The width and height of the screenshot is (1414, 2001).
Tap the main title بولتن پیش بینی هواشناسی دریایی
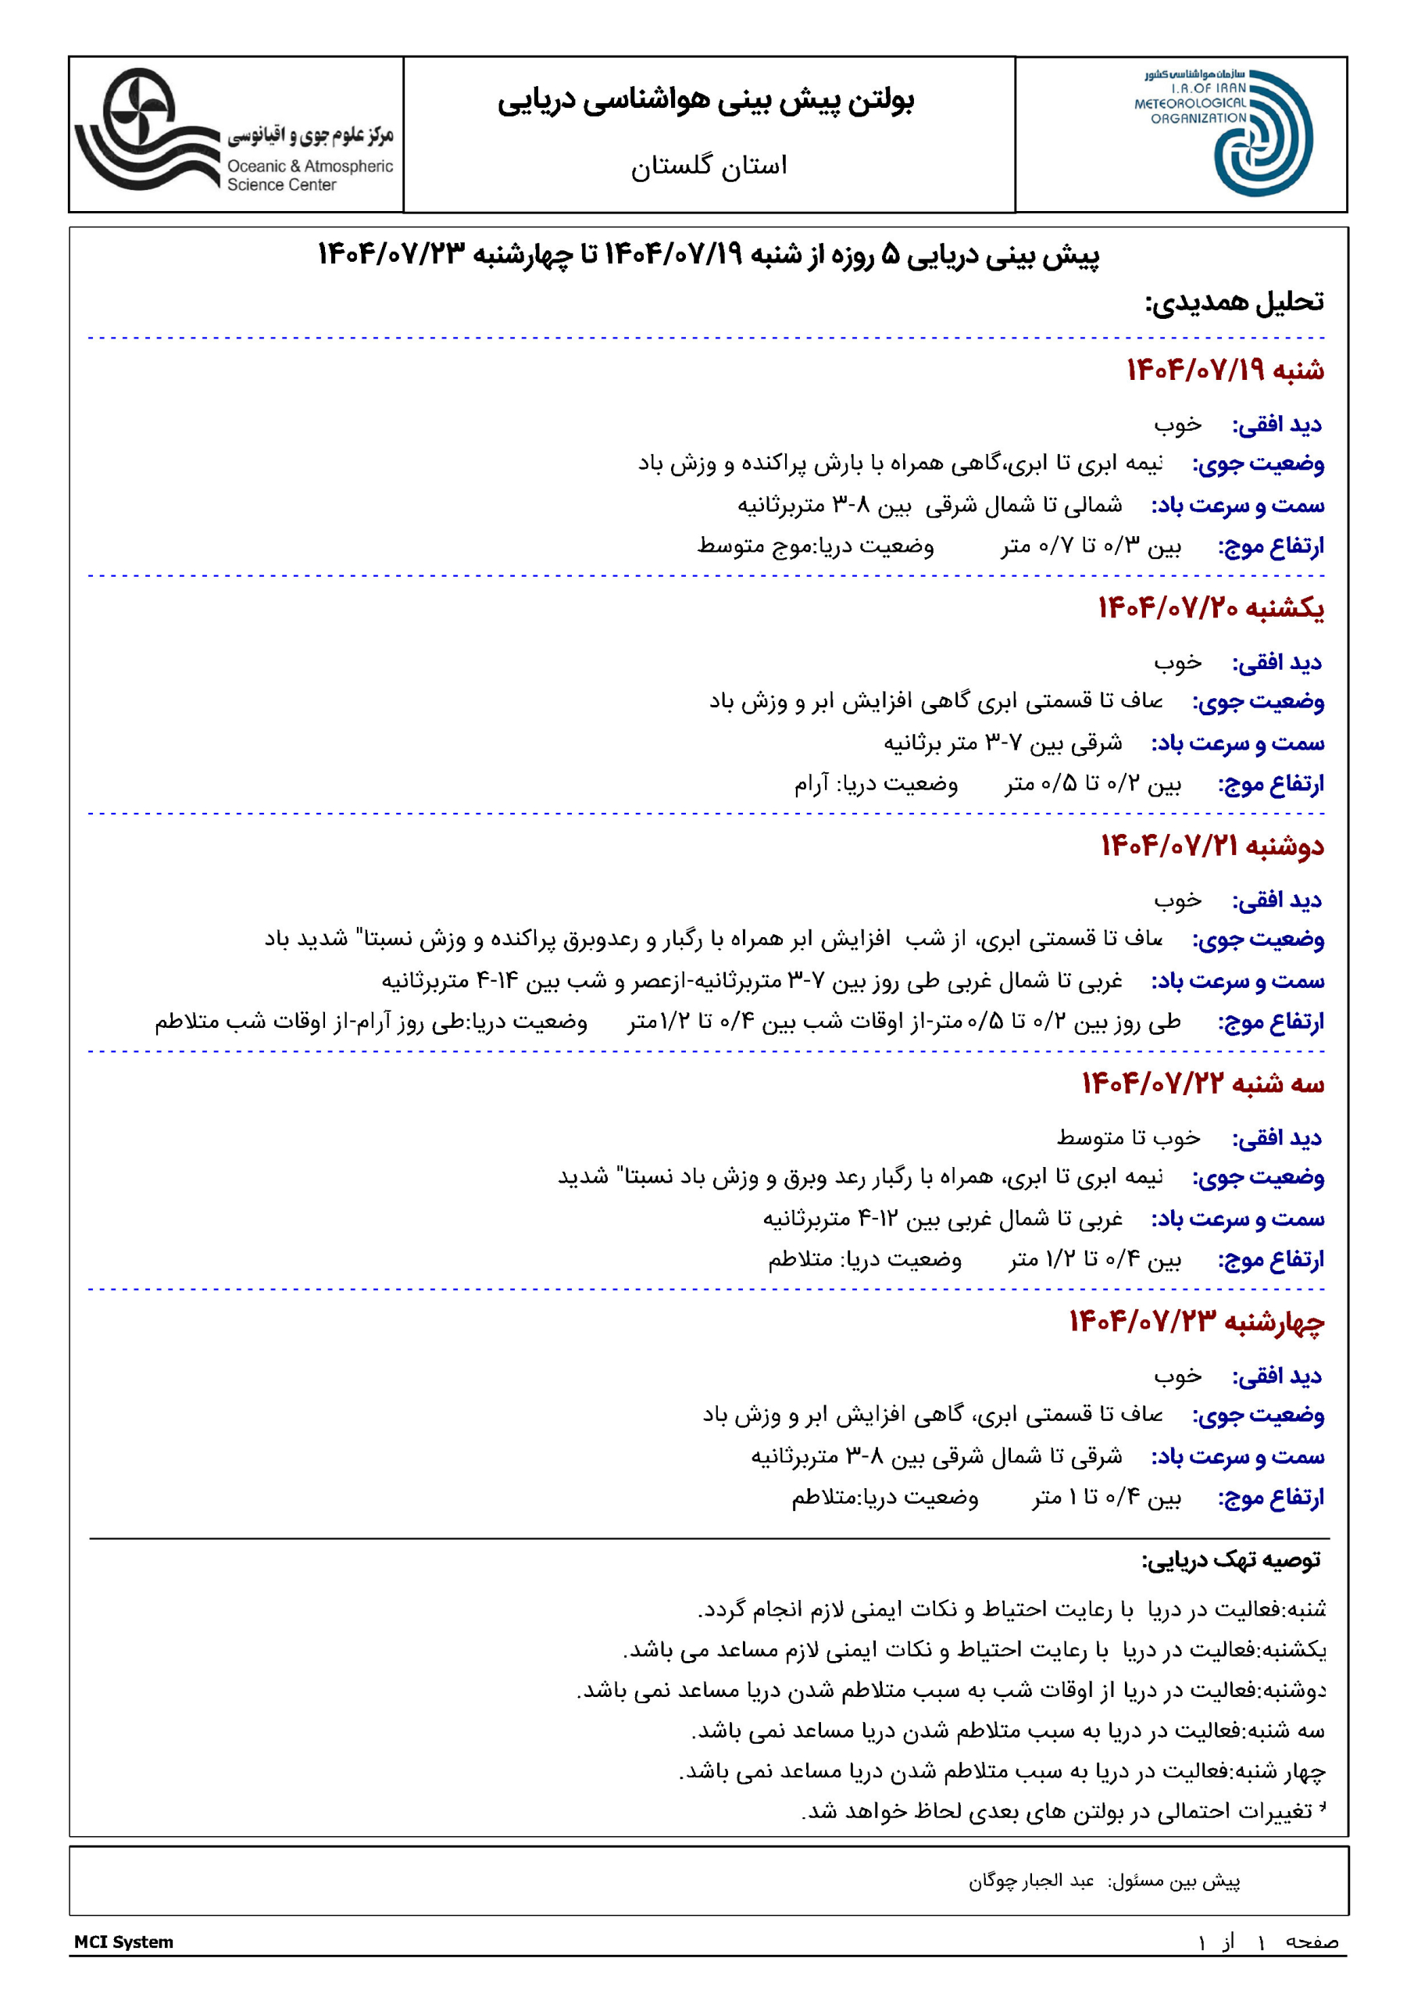click(x=705, y=101)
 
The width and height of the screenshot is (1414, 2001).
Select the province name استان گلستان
click(x=709, y=166)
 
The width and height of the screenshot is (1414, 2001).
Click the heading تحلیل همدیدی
click(x=1234, y=302)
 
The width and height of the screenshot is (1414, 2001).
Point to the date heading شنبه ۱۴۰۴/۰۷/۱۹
click(x=1225, y=370)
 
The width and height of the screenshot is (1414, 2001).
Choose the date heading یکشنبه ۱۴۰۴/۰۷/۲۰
click(x=1210, y=608)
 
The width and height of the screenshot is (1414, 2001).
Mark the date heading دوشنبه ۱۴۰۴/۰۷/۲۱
click(x=1212, y=847)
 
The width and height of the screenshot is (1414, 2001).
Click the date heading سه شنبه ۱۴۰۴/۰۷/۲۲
click(x=1202, y=1084)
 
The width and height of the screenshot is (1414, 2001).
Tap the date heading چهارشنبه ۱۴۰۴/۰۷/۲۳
click(x=1196, y=1322)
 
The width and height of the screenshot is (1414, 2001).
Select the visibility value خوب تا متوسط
click(x=1128, y=1138)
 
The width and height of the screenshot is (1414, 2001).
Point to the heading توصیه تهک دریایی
click(x=1231, y=1560)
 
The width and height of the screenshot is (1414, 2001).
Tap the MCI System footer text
click(x=123, y=1942)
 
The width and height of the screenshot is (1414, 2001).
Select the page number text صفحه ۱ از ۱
click(x=1268, y=1942)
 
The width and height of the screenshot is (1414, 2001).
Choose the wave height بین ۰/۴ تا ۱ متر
click(x=1106, y=1498)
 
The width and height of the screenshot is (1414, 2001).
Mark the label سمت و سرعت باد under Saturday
click(x=1237, y=506)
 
